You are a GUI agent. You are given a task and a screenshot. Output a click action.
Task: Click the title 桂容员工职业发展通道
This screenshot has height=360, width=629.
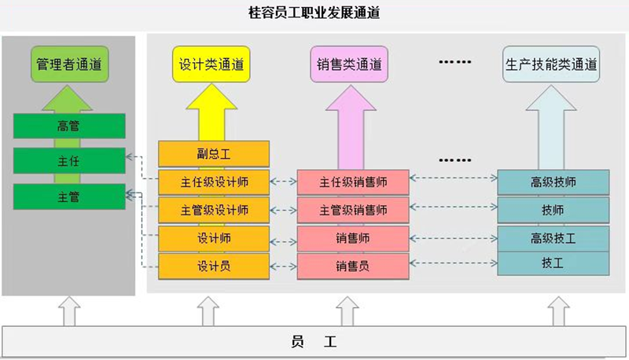(x=314, y=13)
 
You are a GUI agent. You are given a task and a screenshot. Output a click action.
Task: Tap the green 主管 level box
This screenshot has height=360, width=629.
(x=69, y=197)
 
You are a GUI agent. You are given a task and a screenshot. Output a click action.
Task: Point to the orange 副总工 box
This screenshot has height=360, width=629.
(x=214, y=153)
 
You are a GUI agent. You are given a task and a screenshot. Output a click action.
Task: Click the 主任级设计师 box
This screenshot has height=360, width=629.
(x=214, y=182)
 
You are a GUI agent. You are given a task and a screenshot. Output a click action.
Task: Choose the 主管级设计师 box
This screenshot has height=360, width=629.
(x=214, y=210)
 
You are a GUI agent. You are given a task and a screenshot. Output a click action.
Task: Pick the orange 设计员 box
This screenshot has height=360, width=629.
(x=214, y=265)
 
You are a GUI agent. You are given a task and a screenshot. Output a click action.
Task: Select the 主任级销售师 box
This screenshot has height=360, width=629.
(x=353, y=182)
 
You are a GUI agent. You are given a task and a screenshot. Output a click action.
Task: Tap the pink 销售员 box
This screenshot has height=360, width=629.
(x=353, y=266)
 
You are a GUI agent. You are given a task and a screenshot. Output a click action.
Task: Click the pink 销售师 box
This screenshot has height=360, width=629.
(x=353, y=237)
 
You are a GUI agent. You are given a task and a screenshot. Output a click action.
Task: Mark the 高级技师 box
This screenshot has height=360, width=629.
(x=554, y=182)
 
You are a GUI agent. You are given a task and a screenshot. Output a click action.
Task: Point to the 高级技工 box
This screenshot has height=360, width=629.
(x=554, y=237)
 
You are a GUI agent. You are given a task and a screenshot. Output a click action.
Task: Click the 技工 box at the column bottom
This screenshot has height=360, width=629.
(x=554, y=263)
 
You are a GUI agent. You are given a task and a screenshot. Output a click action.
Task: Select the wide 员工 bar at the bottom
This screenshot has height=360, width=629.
(x=314, y=341)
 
